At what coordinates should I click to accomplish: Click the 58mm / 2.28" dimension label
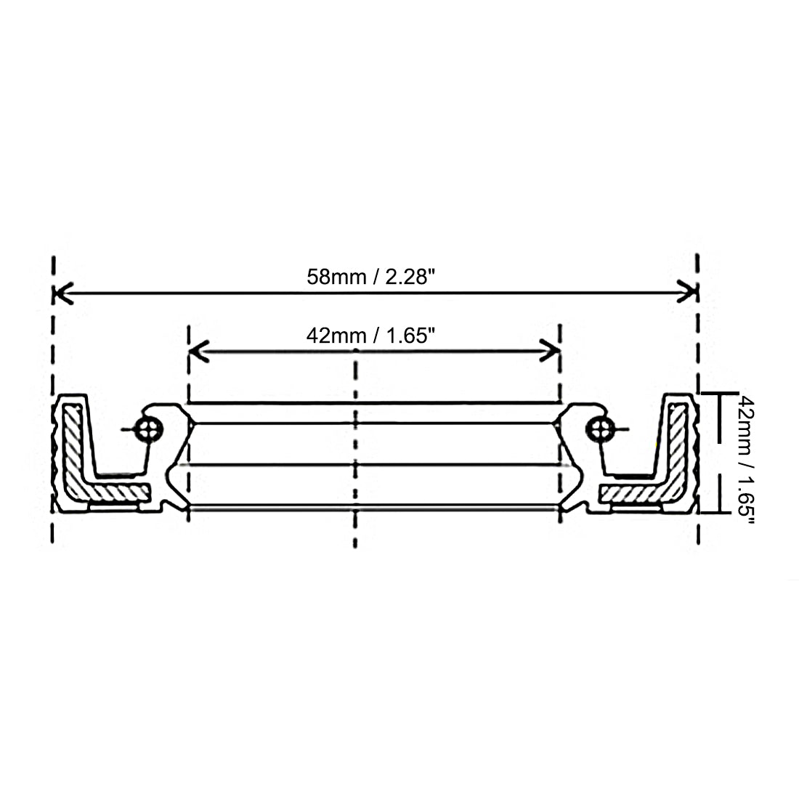[x=370, y=277]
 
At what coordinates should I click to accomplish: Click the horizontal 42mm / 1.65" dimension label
[x=370, y=336]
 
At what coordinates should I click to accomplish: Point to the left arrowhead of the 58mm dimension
[x=62, y=293]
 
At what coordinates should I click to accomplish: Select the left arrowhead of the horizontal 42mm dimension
[x=198, y=351]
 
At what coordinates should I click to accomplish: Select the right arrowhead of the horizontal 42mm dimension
[x=551, y=351]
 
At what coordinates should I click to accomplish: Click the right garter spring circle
[x=600, y=429]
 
